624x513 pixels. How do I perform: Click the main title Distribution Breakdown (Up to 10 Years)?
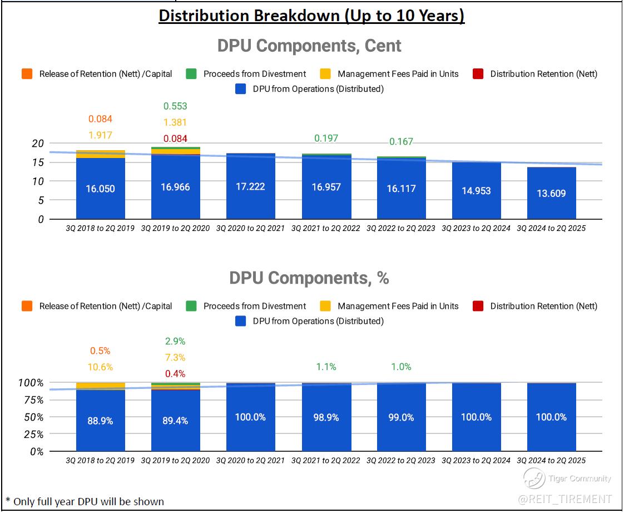(x=311, y=15)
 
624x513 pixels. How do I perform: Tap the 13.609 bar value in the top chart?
(x=551, y=194)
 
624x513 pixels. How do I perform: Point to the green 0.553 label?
(x=175, y=106)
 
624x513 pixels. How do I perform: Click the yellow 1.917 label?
(x=100, y=135)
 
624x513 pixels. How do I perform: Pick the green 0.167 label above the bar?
(x=401, y=141)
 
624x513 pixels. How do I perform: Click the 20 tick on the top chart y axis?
(x=37, y=143)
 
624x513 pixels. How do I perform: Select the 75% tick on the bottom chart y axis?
(x=34, y=400)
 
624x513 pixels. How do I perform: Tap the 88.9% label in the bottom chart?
(x=100, y=421)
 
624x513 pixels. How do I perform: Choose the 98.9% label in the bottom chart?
(x=326, y=417)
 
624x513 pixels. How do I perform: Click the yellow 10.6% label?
(x=100, y=367)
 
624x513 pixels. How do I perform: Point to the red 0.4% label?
(x=175, y=374)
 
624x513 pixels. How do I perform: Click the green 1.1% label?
(x=326, y=367)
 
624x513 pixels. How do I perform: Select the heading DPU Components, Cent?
(x=309, y=46)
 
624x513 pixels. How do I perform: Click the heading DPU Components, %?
(x=309, y=278)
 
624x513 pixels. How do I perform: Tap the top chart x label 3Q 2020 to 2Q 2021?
(x=250, y=228)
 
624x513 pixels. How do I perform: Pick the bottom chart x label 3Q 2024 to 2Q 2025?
(x=551, y=460)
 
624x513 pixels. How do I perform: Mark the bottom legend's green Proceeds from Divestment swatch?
(x=191, y=306)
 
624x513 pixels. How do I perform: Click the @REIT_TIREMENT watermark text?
(x=565, y=499)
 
